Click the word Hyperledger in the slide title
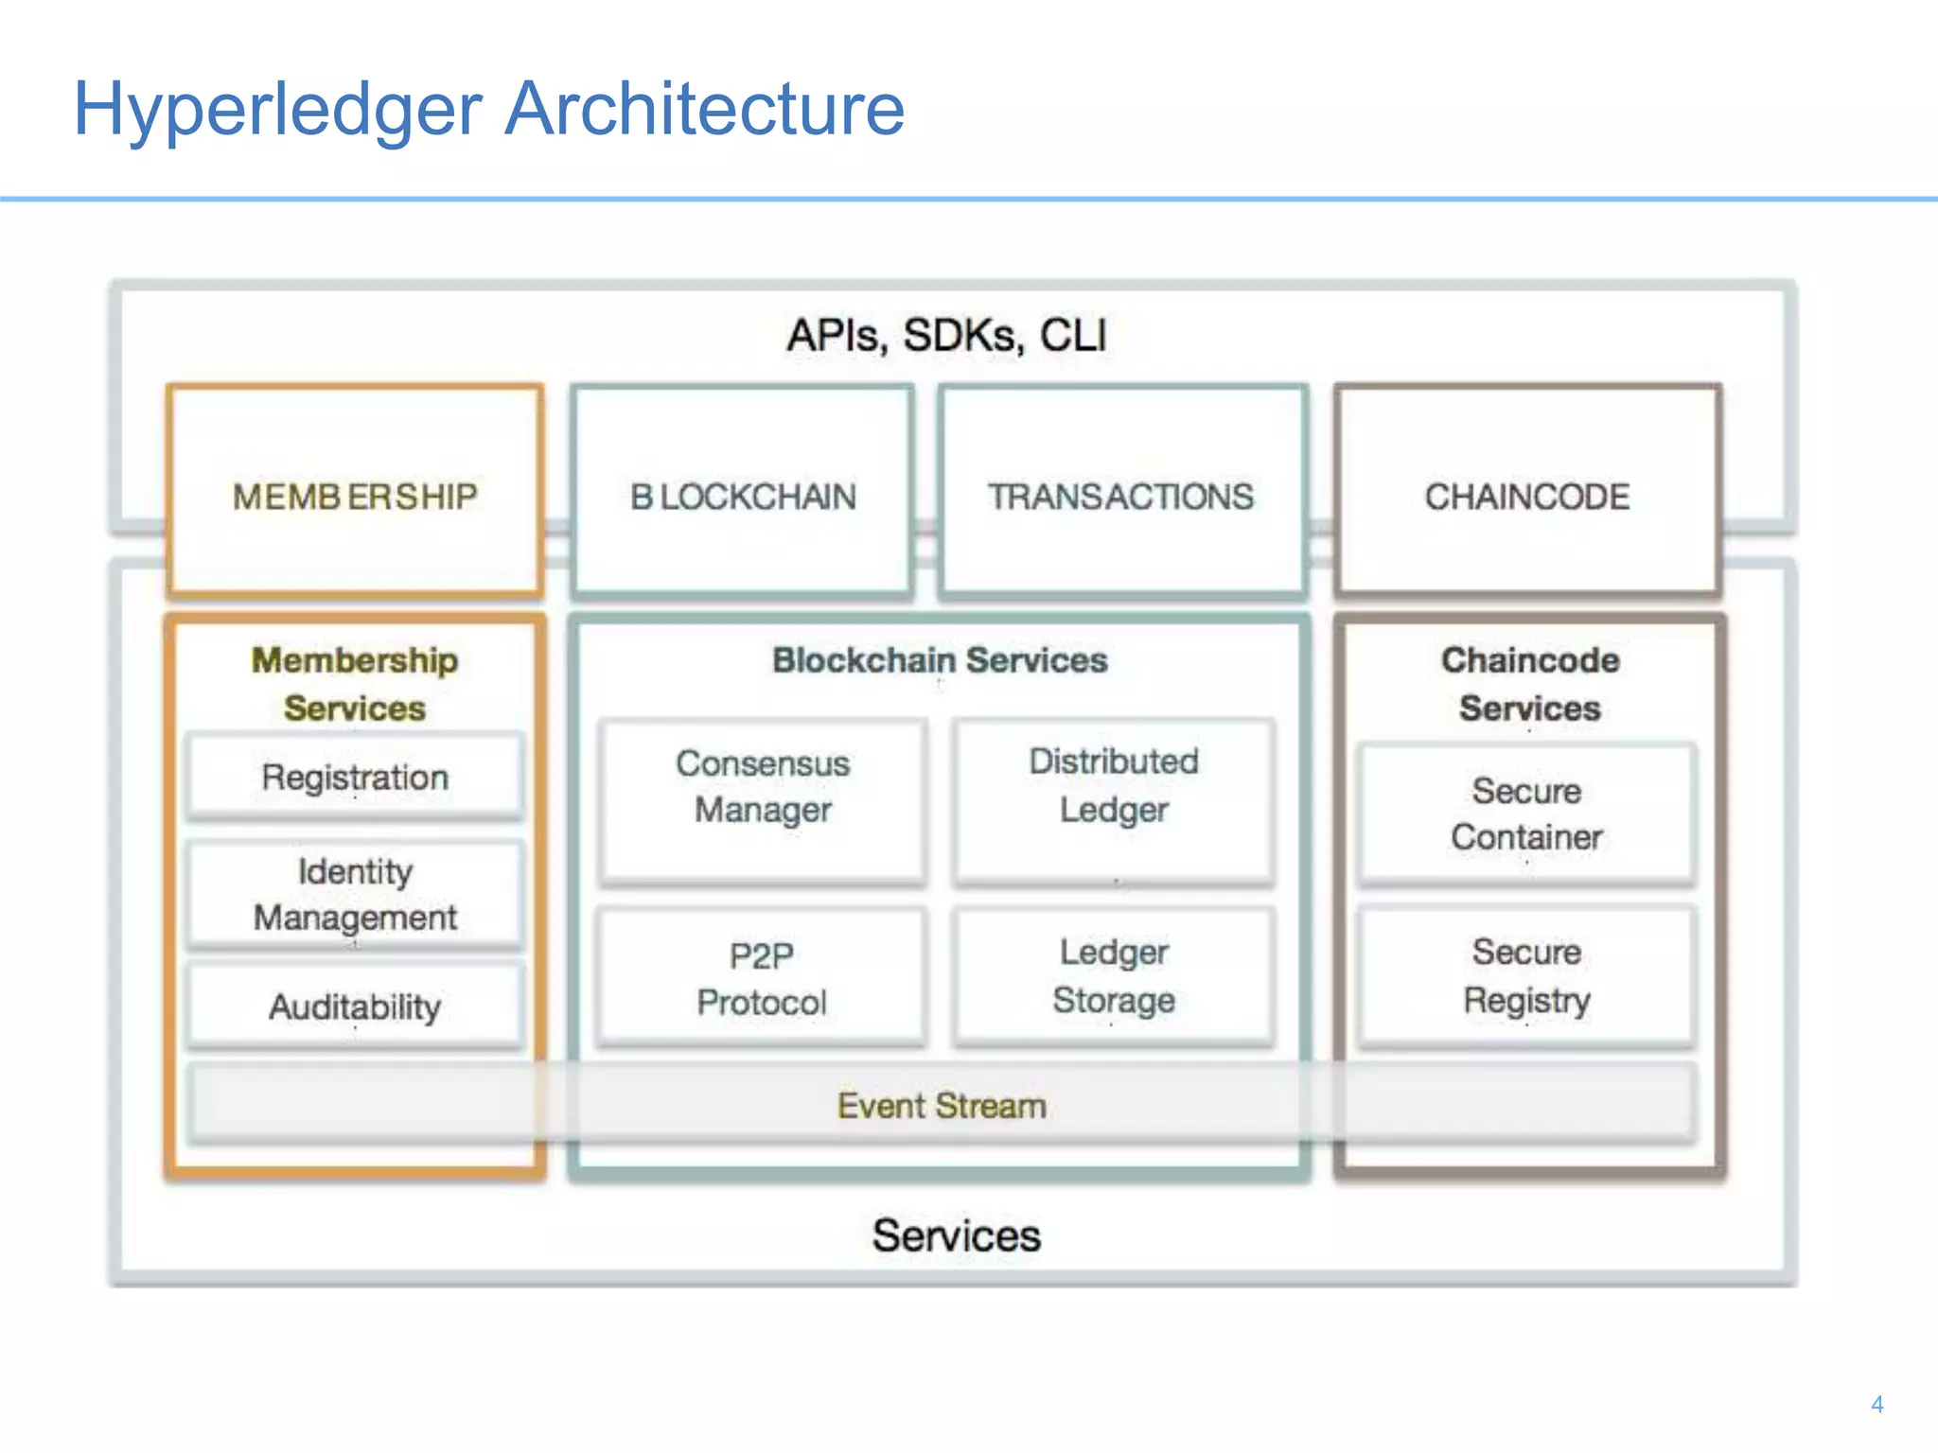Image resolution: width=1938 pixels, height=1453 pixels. click(x=277, y=109)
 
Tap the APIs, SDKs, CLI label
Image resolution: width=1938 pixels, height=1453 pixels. click(x=946, y=336)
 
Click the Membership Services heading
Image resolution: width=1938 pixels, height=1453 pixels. click(x=355, y=683)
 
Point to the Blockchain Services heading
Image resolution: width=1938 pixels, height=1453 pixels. click(x=940, y=660)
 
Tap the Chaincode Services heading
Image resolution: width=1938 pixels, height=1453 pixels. click(x=1529, y=683)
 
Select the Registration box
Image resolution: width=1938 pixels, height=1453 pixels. click(x=355, y=778)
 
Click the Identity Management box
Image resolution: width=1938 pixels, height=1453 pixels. click(x=355, y=894)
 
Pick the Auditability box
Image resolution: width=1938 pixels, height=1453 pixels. click(x=355, y=1007)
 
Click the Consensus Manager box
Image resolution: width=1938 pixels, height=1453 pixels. click(x=763, y=800)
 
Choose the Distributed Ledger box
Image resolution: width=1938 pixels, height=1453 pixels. click(x=1114, y=800)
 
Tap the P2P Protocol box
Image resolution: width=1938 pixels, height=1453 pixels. click(x=762, y=978)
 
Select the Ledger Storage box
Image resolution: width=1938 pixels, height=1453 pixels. click(x=1114, y=976)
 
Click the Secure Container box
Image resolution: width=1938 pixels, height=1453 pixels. click(x=1526, y=814)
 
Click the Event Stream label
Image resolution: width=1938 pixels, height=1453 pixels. click(x=942, y=1105)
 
